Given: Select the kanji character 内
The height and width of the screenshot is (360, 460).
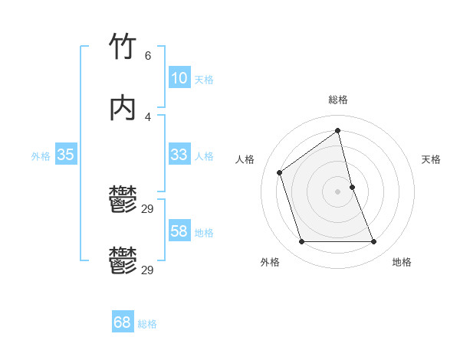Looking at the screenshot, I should (x=123, y=109).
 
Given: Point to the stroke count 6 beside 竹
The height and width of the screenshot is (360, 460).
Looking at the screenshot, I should (x=148, y=56).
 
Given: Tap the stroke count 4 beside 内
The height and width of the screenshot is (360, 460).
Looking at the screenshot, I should (x=148, y=116).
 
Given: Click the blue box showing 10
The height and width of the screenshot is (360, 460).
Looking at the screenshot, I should (x=179, y=78).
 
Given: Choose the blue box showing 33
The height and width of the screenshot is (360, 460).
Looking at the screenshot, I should (x=179, y=155).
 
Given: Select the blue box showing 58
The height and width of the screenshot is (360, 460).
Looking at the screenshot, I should (x=179, y=231).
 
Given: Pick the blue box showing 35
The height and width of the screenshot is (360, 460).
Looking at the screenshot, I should (x=65, y=155).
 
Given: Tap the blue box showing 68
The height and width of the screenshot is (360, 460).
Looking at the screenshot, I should (x=123, y=322).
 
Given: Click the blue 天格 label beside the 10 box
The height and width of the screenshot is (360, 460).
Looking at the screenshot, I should (x=204, y=80).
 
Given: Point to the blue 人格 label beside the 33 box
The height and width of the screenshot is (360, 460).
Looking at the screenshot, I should (x=204, y=156).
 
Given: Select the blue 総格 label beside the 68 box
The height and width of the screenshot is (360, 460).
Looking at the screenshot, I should (x=147, y=324).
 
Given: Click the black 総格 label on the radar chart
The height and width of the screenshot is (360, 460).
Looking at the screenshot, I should (x=338, y=100).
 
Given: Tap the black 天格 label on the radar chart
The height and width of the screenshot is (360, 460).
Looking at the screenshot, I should (x=431, y=159).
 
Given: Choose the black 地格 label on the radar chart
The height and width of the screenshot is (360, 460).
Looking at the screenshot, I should (x=402, y=262).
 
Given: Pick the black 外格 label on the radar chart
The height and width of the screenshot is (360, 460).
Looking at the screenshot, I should (x=270, y=262).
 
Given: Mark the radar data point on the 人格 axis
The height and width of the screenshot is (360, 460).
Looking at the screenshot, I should (x=280, y=172).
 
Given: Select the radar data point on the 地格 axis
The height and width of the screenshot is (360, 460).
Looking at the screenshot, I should (x=374, y=242).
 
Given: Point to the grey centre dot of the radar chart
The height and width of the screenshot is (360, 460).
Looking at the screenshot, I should (x=338, y=191).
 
